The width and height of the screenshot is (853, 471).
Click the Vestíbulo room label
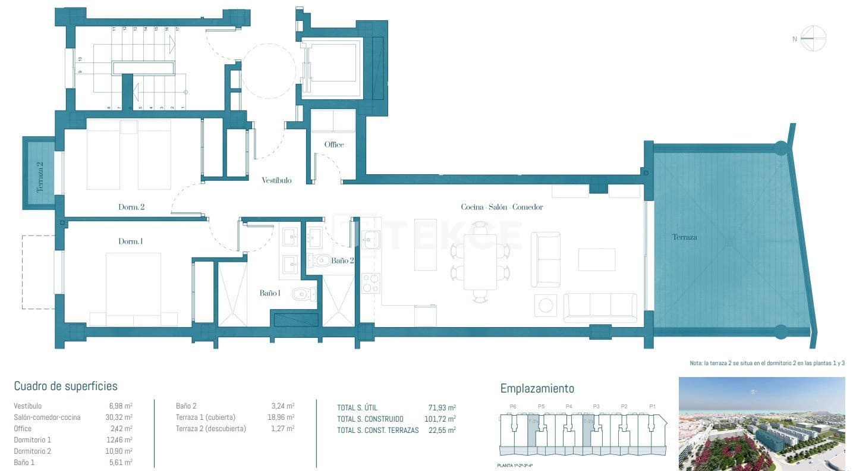pos(276,180)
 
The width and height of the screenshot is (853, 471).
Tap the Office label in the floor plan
pos(333,145)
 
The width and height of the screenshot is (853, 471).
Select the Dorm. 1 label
pos(130,241)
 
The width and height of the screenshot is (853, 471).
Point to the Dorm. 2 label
pos(131,208)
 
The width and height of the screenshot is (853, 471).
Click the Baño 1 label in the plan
pos(269,293)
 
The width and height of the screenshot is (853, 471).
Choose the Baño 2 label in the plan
pos(342,260)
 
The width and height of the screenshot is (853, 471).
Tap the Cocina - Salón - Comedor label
pos(502,207)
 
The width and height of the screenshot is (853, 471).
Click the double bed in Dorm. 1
pos(133,289)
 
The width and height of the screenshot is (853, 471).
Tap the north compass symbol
pos(813,39)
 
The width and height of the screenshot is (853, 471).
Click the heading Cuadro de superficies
pos(65,387)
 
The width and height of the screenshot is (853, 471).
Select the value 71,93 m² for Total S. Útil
pos(442,408)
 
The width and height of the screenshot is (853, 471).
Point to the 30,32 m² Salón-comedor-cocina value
pos(118,417)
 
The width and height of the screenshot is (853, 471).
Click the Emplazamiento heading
pos(537,388)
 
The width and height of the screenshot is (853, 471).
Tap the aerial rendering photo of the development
pos(761,423)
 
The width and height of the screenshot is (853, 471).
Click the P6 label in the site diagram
pos(512,407)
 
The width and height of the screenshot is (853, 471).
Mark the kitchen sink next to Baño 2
pos(370,240)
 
